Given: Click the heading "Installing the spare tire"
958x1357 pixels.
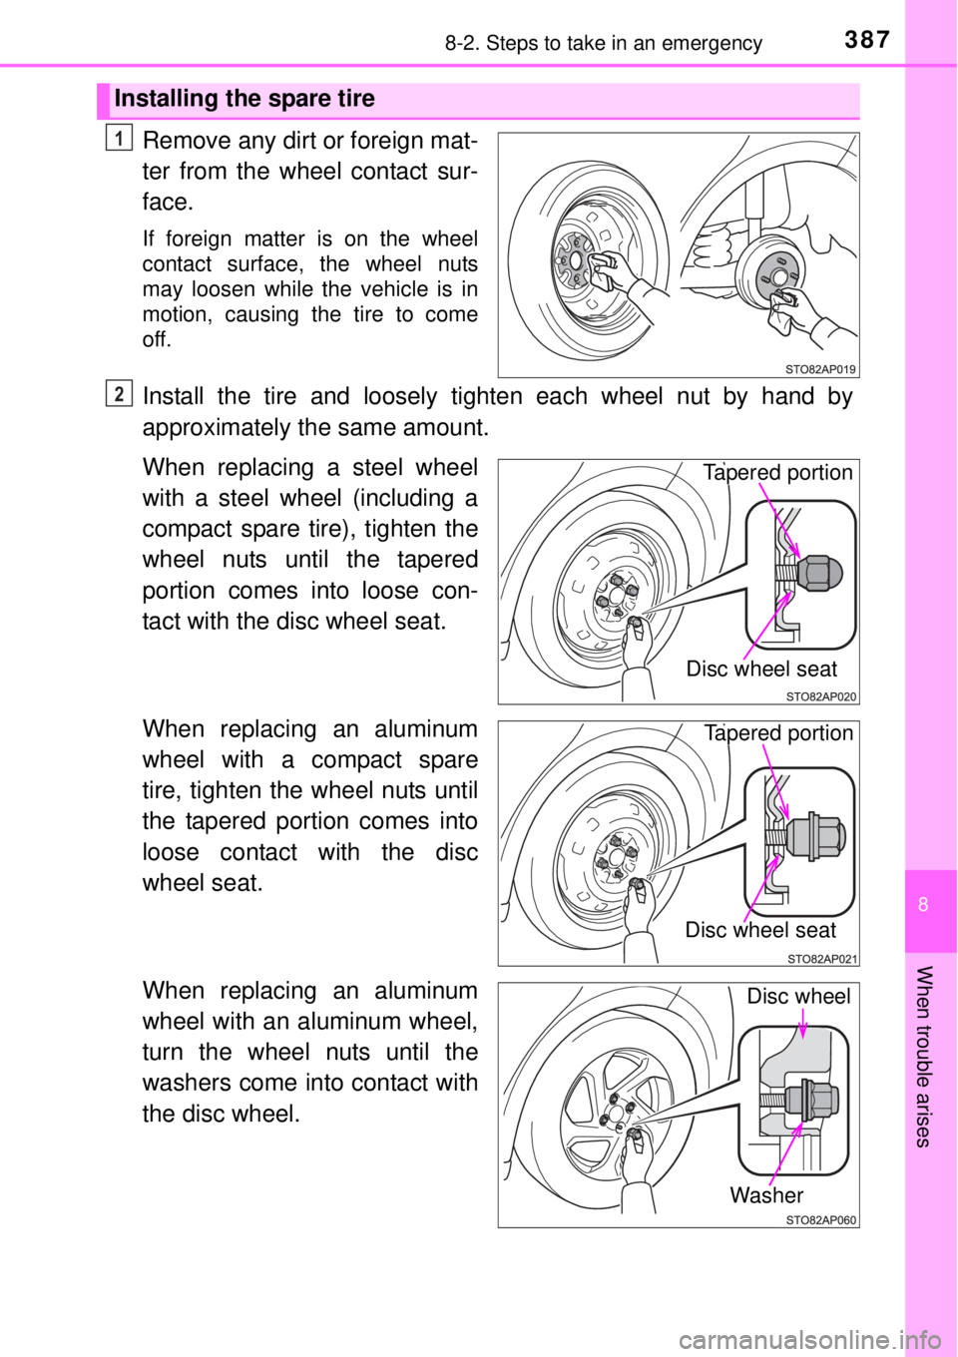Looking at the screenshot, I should point(244,99).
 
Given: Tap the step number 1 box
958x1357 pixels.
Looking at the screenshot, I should point(118,139).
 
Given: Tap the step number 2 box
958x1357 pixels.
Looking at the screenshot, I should point(118,393).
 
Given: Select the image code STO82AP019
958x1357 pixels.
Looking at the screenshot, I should point(819,368).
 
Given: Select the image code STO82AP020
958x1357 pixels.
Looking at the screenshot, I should point(819,696).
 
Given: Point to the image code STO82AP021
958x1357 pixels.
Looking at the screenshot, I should point(820,958).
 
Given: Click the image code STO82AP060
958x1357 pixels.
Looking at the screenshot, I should point(820,1219).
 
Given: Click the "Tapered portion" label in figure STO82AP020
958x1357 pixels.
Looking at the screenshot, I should point(777,473).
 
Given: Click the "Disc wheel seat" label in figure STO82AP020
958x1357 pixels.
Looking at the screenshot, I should point(761,669).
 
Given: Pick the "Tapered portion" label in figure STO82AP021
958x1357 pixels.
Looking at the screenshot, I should point(777,733).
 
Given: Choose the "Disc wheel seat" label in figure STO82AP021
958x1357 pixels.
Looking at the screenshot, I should point(760,930).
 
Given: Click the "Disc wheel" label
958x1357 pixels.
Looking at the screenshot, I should point(798,996).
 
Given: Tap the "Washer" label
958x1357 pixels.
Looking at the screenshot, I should point(765,1194).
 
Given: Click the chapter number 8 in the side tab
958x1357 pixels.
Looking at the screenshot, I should point(923,905).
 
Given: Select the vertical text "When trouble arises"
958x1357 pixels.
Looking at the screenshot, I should point(923,1056).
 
